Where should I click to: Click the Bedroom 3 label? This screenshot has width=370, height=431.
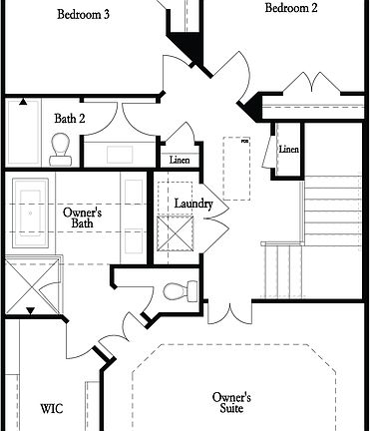pos(83,15)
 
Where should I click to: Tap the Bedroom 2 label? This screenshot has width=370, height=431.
pos(291,9)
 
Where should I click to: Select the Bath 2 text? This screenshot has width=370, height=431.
pos(69,119)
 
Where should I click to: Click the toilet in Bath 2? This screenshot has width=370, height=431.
pos(59,150)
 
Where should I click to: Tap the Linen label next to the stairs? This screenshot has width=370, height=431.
pos(289,150)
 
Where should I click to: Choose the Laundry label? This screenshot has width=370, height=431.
pos(192,204)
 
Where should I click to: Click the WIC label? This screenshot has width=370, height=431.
pos(52,408)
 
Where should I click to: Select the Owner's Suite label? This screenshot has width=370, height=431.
pos(231,402)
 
